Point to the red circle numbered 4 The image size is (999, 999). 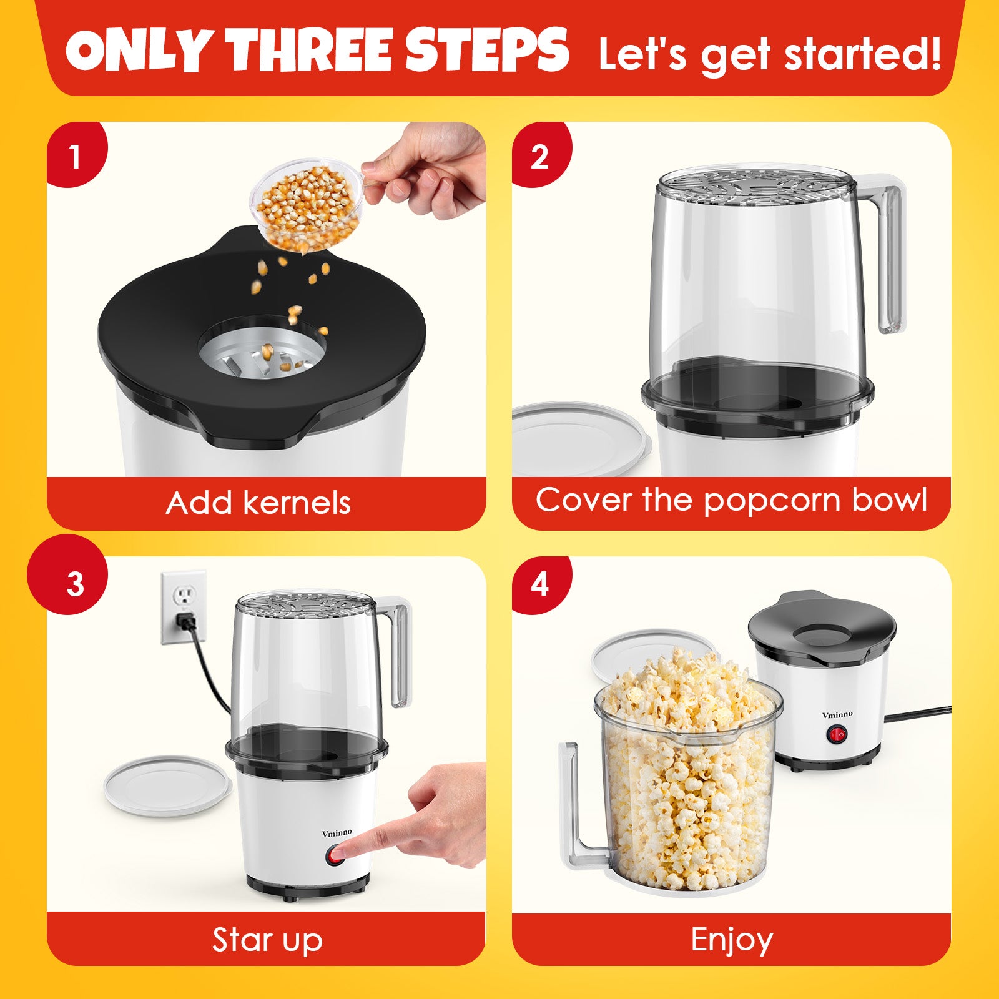coord(541,584)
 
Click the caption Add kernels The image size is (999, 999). coord(258,503)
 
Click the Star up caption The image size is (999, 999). coord(267,940)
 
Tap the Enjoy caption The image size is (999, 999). coord(732,940)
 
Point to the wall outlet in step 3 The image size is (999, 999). coord(184,606)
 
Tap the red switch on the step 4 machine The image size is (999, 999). coord(837,736)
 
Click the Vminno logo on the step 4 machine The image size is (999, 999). coord(837,715)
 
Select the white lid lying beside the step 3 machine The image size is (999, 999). coord(168,785)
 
